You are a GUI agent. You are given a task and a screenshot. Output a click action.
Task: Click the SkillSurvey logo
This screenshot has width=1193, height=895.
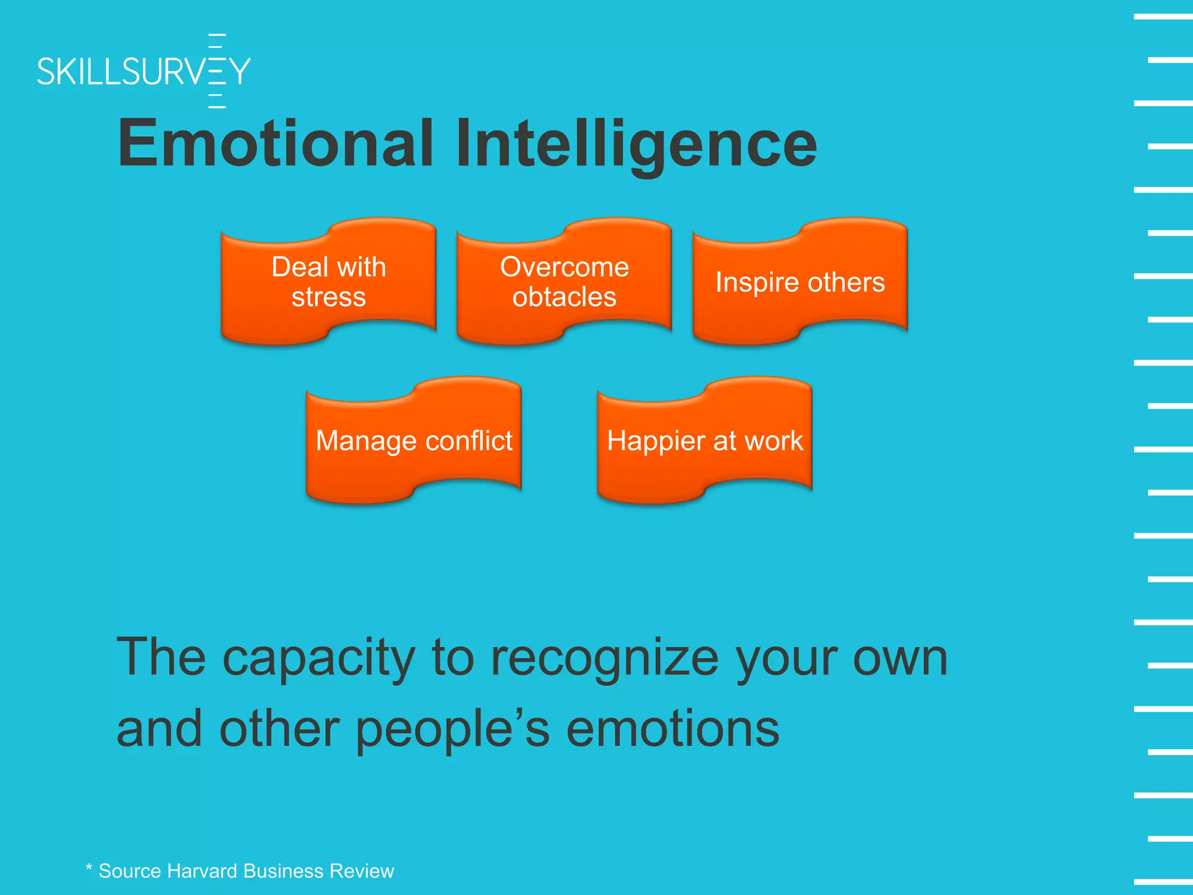click(x=143, y=71)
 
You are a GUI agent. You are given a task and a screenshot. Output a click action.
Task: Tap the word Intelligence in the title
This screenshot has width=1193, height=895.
click(x=636, y=143)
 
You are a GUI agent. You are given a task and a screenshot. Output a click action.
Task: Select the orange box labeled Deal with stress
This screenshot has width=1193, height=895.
click(x=329, y=282)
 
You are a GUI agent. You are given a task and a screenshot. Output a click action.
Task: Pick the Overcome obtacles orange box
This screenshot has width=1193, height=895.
click(x=564, y=282)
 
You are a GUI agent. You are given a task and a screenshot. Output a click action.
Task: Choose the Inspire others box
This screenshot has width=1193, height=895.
click(x=800, y=282)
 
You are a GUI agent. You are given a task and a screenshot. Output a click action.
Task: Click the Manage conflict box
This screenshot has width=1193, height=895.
click(x=414, y=441)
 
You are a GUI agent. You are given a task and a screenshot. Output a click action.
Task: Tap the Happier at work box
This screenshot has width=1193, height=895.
click(x=705, y=441)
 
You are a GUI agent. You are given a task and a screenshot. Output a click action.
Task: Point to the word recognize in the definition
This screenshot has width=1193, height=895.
click(x=605, y=658)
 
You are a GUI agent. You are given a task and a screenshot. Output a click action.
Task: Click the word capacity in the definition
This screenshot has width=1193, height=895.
click(x=319, y=658)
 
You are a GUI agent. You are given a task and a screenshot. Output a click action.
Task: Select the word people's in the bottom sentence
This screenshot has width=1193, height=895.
click(x=452, y=730)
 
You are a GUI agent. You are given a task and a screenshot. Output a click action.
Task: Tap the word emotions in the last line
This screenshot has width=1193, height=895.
click(x=672, y=730)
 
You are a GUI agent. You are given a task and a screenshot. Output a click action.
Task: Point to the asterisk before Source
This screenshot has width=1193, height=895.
click(x=89, y=868)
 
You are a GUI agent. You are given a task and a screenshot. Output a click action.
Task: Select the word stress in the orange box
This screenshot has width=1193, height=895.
click(x=329, y=297)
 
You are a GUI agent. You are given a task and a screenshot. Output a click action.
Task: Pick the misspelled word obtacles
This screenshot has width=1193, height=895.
click(x=564, y=297)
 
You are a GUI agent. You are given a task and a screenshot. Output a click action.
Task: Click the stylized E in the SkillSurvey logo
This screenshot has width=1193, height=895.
click(x=217, y=71)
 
